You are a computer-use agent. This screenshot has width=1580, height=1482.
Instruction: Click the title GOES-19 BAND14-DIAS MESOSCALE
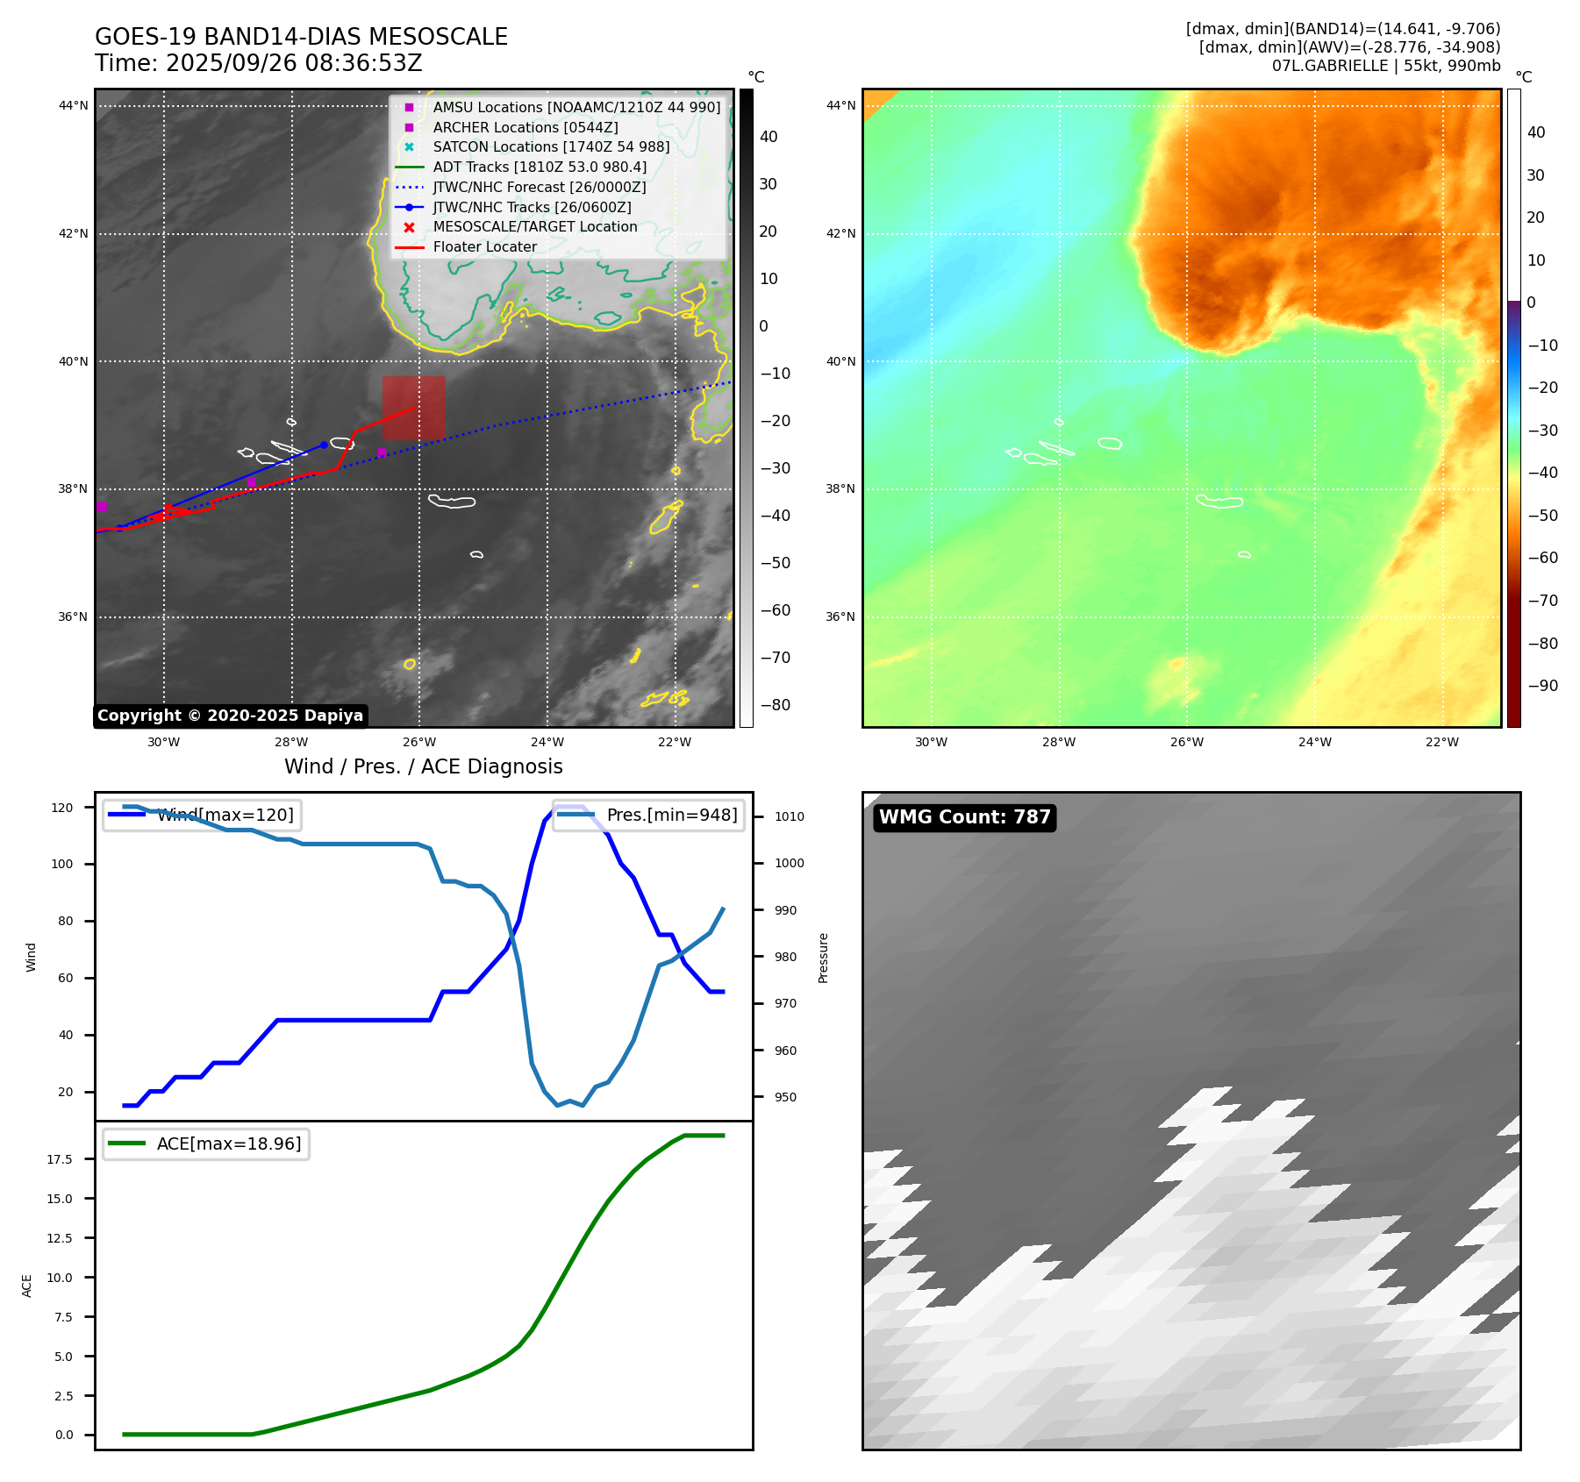301,37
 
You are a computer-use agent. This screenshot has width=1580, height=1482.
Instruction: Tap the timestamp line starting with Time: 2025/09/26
258,63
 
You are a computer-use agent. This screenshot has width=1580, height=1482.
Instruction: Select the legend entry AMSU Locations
576,107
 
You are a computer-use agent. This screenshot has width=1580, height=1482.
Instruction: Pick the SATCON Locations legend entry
550,146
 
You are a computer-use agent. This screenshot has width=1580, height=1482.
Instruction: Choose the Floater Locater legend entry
484,246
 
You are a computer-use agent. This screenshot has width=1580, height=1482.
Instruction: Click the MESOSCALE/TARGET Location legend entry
534,226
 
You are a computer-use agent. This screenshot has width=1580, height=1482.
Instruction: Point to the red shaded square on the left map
413,408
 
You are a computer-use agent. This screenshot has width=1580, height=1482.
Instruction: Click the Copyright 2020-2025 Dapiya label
230,716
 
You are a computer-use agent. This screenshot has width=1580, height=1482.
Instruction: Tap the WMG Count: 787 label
964,817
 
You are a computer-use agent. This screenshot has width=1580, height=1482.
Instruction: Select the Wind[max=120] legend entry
225,815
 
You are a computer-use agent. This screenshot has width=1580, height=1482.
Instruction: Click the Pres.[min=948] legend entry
671,815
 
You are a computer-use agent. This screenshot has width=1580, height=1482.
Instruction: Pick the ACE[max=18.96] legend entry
228,1144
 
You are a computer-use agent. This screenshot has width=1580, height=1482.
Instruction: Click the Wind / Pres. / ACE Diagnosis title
423,766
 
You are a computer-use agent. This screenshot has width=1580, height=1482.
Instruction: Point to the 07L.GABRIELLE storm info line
1385,66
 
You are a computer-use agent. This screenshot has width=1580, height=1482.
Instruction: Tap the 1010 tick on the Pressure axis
789,816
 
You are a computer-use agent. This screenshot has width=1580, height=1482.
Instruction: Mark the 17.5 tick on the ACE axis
60,1159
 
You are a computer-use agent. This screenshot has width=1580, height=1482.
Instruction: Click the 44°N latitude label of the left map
73,106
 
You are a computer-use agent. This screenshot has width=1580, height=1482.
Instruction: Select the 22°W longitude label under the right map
1441,742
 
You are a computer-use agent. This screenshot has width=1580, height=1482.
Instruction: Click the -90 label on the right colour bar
1542,686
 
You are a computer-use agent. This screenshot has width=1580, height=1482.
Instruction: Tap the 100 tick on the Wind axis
62,864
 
